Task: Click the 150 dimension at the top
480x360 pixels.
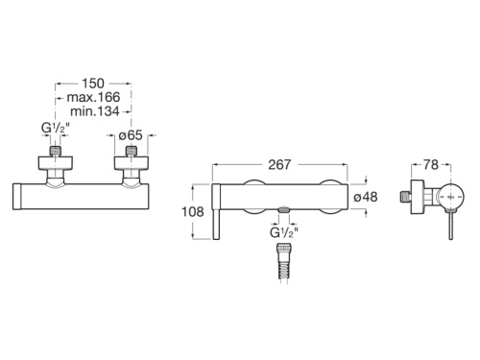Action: (x=94, y=83)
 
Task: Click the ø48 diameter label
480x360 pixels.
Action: (x=369, y=198)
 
